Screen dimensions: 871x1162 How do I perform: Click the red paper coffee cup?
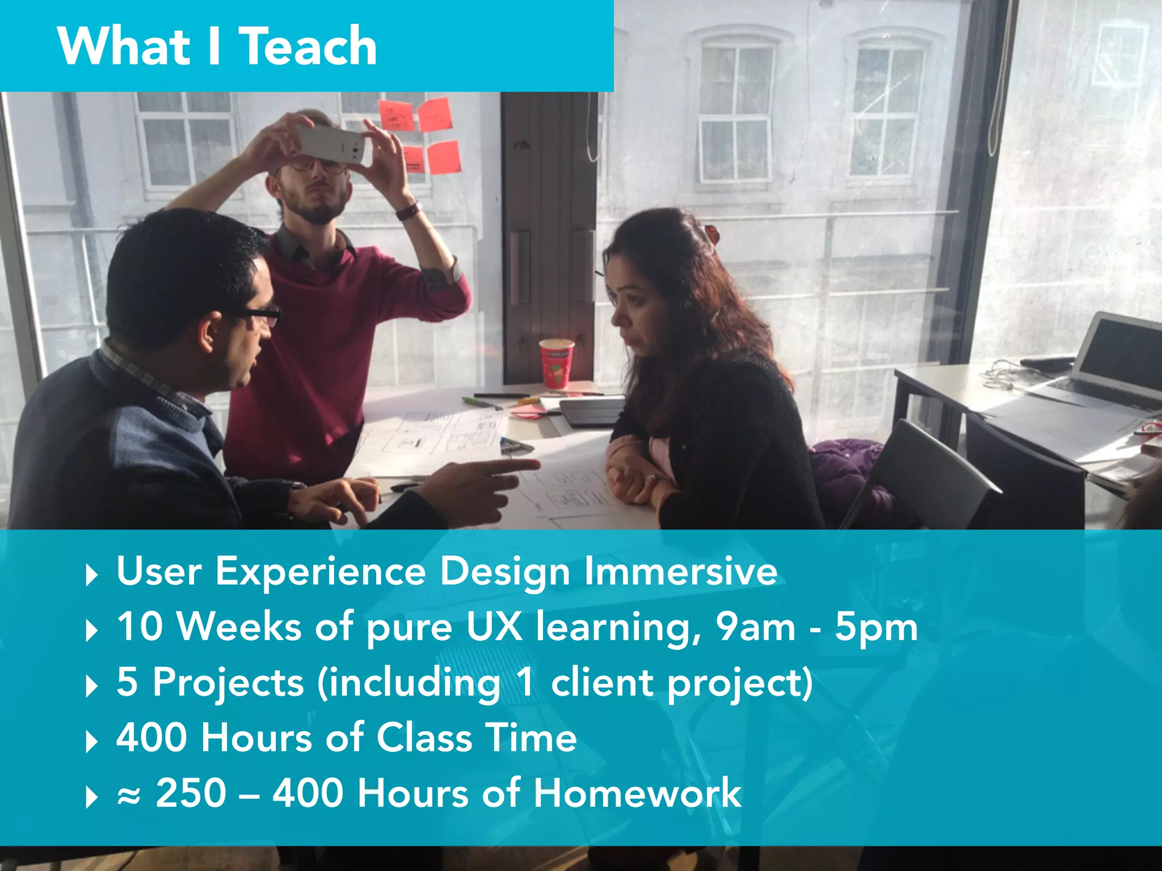point(556,363)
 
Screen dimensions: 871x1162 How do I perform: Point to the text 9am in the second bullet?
point(755,627)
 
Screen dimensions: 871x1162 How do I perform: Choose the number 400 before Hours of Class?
point(151,738)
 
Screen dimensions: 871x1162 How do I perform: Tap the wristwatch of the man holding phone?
point(408,211)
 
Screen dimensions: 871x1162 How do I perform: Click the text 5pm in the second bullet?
point(875,628)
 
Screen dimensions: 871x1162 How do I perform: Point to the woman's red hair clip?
point(711,232)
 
